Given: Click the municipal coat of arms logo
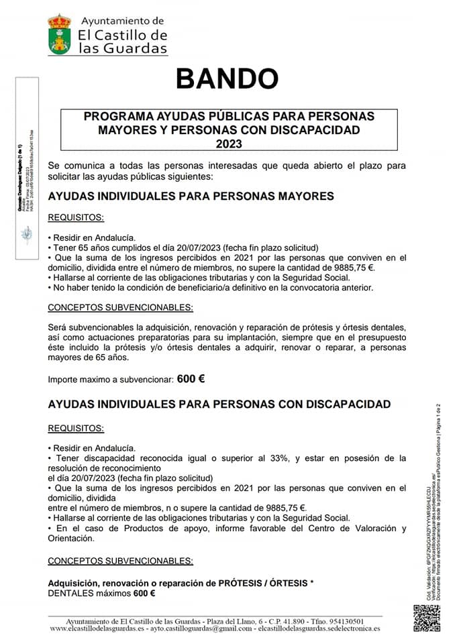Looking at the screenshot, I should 59,34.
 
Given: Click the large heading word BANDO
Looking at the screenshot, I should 227,78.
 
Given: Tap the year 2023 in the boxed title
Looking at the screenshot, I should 229,143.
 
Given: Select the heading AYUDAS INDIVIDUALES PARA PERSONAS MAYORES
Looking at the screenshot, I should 191,196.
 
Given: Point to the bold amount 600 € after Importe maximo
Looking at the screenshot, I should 191,379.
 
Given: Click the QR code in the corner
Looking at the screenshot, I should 426,618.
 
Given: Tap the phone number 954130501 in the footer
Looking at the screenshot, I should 342,621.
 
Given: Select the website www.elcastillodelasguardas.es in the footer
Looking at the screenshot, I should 97,629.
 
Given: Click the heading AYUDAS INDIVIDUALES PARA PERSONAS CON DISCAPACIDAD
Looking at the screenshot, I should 219,405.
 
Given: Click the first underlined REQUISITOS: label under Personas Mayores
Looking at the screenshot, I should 76,218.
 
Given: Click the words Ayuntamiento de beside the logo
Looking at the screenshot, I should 121,21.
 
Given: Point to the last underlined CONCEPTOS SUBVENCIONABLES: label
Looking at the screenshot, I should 120,561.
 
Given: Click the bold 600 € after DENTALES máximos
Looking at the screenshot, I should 144,594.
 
